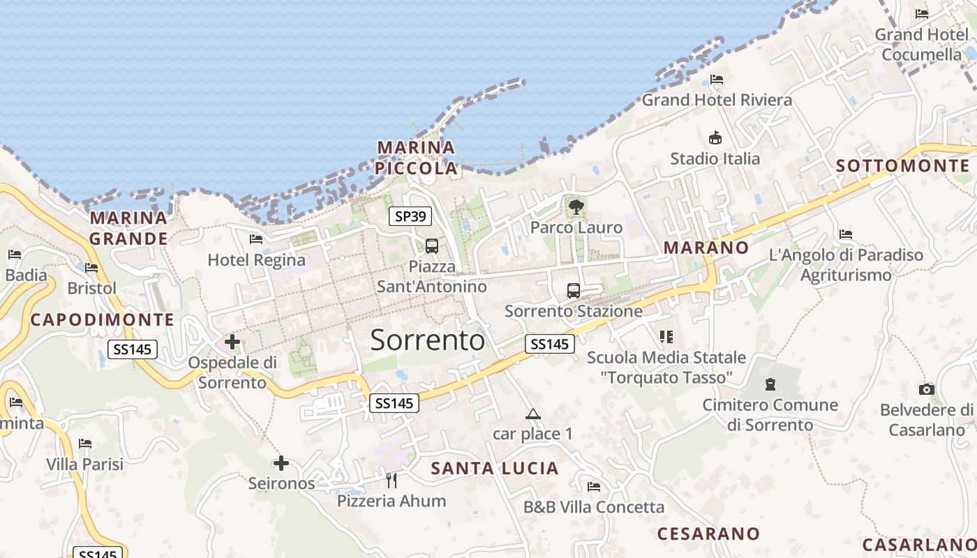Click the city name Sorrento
[427, 340]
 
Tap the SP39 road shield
[410, 216]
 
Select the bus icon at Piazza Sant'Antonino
[432, 246]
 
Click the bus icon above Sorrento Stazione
[574, 290]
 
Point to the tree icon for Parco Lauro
[576, 206]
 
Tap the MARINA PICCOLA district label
[416, 158]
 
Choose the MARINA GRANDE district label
[129, 228]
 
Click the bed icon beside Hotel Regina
[256, 239]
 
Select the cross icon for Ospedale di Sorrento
[232, 342]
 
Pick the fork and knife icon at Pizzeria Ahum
[391, 480]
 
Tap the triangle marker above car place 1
[533, 414]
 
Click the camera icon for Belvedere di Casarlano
[927, 389]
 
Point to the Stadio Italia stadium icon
[715, 137]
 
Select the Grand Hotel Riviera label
[717, 100]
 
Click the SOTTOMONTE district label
[903, 165]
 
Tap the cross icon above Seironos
[281, 462]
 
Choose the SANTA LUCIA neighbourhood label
[495, 468]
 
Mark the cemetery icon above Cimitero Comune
[770, 384]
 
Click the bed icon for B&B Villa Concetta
[594, 486]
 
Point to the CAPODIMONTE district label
[102, 319]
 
